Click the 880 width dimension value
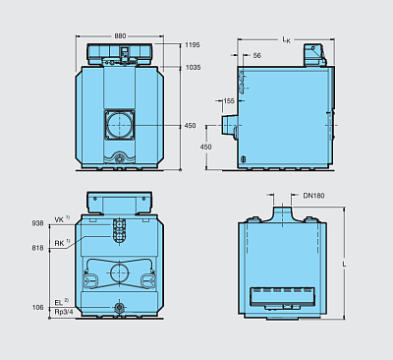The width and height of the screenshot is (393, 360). point(120,35)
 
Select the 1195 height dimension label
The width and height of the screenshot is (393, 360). point(193,45)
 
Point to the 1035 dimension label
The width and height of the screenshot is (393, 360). point(193,67)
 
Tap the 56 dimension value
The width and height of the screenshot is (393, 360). point(257,55)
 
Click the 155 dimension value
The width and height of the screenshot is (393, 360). point(228,100)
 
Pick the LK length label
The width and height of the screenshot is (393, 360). point(286,40)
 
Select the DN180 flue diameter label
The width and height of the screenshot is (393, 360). point(313,196)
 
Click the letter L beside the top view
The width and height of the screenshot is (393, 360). point(344,264)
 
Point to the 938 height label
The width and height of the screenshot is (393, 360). point(37,223)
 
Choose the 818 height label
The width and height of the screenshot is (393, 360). point(37,248)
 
